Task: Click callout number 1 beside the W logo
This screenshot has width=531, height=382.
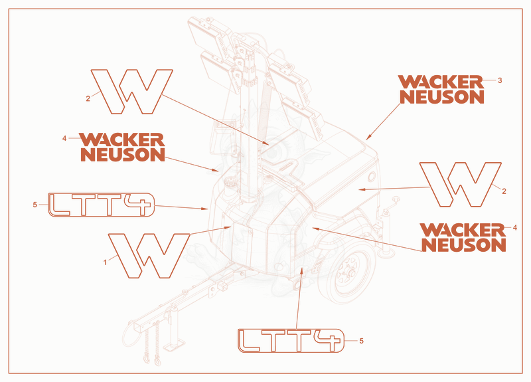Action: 105,262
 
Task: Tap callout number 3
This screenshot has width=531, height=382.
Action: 500,80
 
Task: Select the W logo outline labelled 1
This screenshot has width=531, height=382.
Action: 149,256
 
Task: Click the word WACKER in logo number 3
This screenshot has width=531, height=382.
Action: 441,82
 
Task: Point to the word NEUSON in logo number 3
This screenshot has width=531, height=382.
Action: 442,97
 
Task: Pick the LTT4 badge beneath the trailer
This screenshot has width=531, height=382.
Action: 291,340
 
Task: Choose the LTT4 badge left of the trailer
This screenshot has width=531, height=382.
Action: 102,205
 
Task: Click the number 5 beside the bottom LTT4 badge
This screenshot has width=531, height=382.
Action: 361,341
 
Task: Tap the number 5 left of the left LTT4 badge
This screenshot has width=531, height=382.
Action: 35,205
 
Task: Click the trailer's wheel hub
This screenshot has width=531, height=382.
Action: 349,272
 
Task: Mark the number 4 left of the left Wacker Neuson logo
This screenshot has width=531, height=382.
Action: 64,138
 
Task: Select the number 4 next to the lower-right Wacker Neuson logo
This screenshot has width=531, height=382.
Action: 515,228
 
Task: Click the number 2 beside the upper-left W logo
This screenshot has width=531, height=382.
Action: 88,98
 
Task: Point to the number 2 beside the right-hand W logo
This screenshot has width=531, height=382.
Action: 504,191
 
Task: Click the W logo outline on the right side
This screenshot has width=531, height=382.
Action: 460,185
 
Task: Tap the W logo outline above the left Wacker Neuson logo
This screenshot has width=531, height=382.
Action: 131,92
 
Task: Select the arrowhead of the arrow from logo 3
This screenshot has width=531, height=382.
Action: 369,137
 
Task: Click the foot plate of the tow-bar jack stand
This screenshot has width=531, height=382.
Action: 174,344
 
